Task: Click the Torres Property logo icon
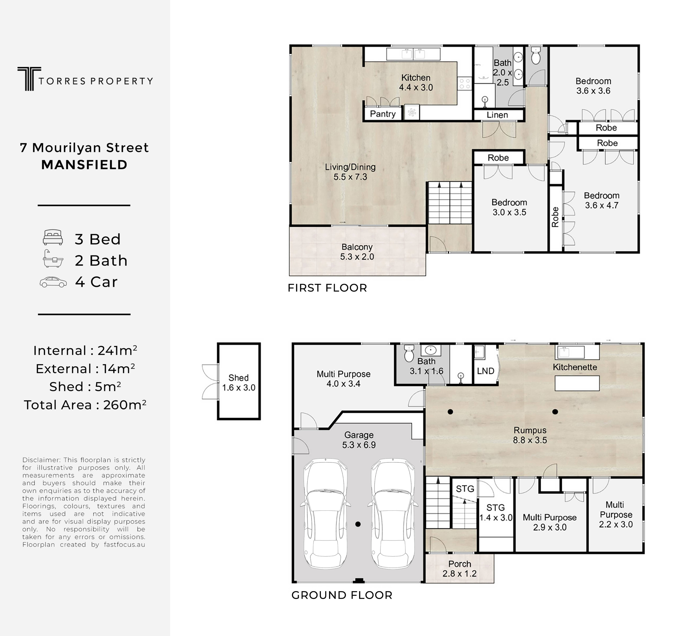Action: (x=29, y=79)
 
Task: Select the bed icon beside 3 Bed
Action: (x=53, y=237)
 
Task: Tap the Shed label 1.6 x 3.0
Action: (x=239, y=383)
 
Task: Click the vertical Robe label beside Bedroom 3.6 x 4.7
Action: (x=555, y=217)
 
